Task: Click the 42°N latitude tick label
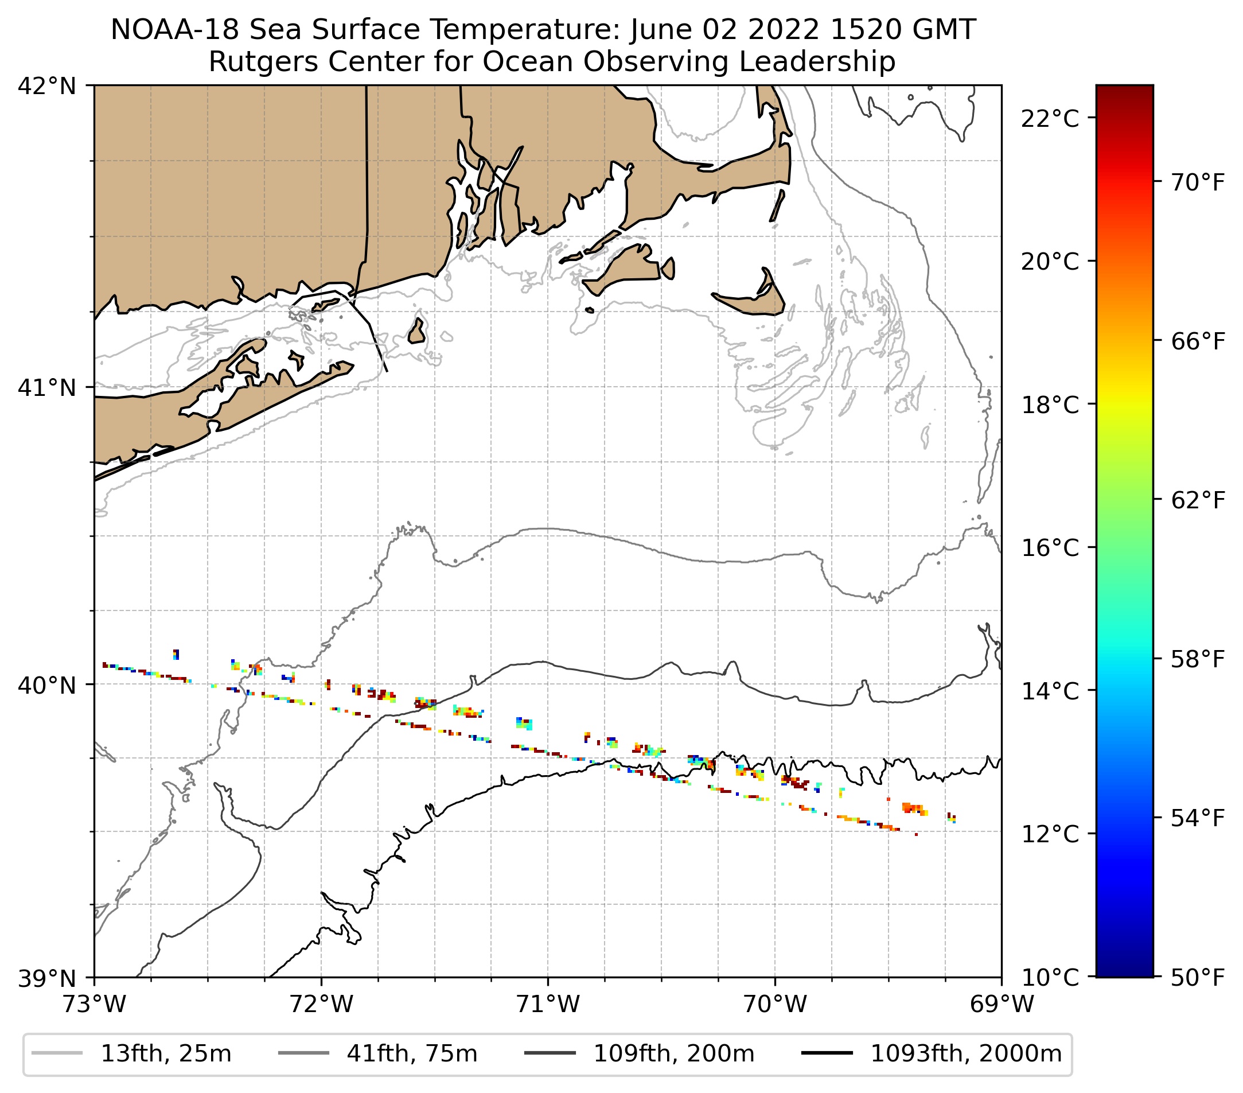pyautogui.click(x=47, y=87)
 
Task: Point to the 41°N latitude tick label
pyautogui.click(x=47, y=387)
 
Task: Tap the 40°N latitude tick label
pyautogui.click(x=47, y=686)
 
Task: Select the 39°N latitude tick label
pyautogui.click(x=47, y=979)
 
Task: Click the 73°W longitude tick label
pyautogui.click(x=94, y=1005)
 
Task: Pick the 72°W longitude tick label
pyautogui.click(x=321, y=1005)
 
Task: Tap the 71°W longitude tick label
pyautogui.click(x=548, y=1005)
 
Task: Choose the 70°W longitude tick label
pyautogui.click(x=776, y=1005)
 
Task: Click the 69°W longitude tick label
pyautogui.click(x=1002, y=1005)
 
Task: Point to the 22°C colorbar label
pyautogui.click(x=1050, y=119)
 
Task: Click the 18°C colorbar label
pyautogui.click(x=1050, y=404)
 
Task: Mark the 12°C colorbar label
pyautogui.click(x=1050, y=834)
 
